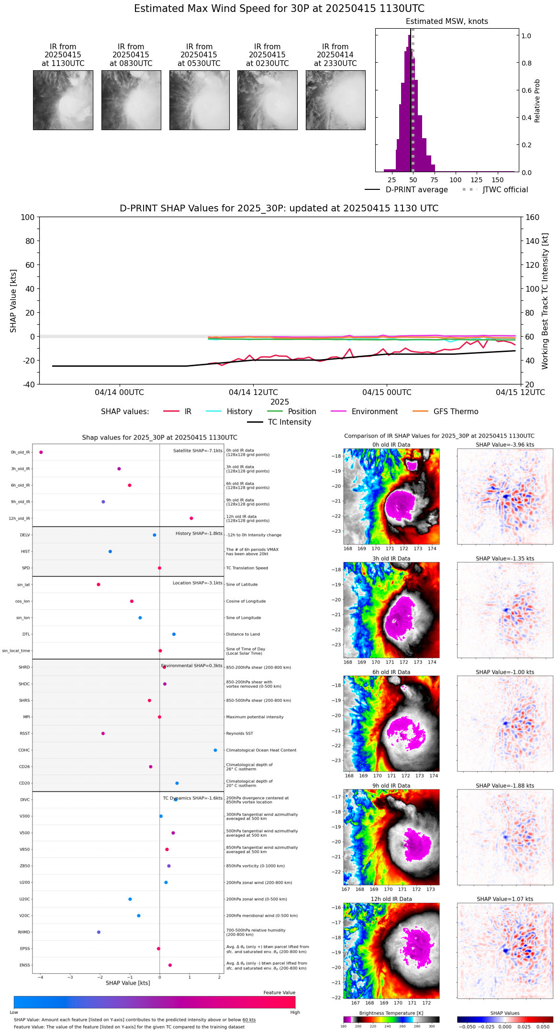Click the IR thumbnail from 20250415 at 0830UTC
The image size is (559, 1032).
131,100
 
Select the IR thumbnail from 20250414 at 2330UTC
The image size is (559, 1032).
335,100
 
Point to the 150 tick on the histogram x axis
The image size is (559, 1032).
498,180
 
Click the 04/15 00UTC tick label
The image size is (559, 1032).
387,393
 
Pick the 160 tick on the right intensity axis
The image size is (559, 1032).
533,218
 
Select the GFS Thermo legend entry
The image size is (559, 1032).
456,412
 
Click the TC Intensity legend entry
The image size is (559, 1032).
289,422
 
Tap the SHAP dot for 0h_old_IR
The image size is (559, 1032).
41,452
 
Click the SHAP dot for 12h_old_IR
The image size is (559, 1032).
191,518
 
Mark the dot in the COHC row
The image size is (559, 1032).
215,750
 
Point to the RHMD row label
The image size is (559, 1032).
24,932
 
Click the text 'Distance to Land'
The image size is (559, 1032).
243,635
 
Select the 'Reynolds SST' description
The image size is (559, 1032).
240,734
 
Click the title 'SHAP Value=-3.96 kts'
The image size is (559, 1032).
505,445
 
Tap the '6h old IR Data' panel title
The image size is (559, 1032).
391,672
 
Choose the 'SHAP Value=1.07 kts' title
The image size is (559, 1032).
505,899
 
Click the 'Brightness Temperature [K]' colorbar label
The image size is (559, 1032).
391,1013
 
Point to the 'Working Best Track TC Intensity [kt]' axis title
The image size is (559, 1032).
545,301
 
